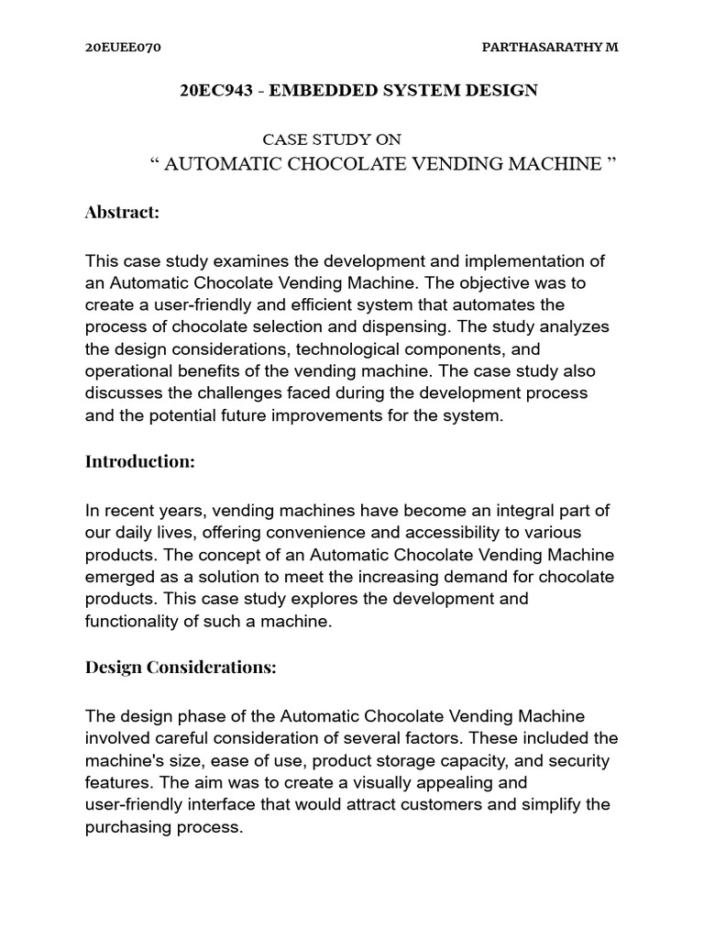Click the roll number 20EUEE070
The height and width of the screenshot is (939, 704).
(123, 48)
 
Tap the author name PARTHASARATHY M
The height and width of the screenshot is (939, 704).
(550, 48)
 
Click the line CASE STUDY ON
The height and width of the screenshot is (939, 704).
(332, 139)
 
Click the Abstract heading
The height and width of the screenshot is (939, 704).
(122, 212)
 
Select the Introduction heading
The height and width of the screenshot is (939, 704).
(140, 461)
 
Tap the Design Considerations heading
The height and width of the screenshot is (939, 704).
(181, 667)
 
